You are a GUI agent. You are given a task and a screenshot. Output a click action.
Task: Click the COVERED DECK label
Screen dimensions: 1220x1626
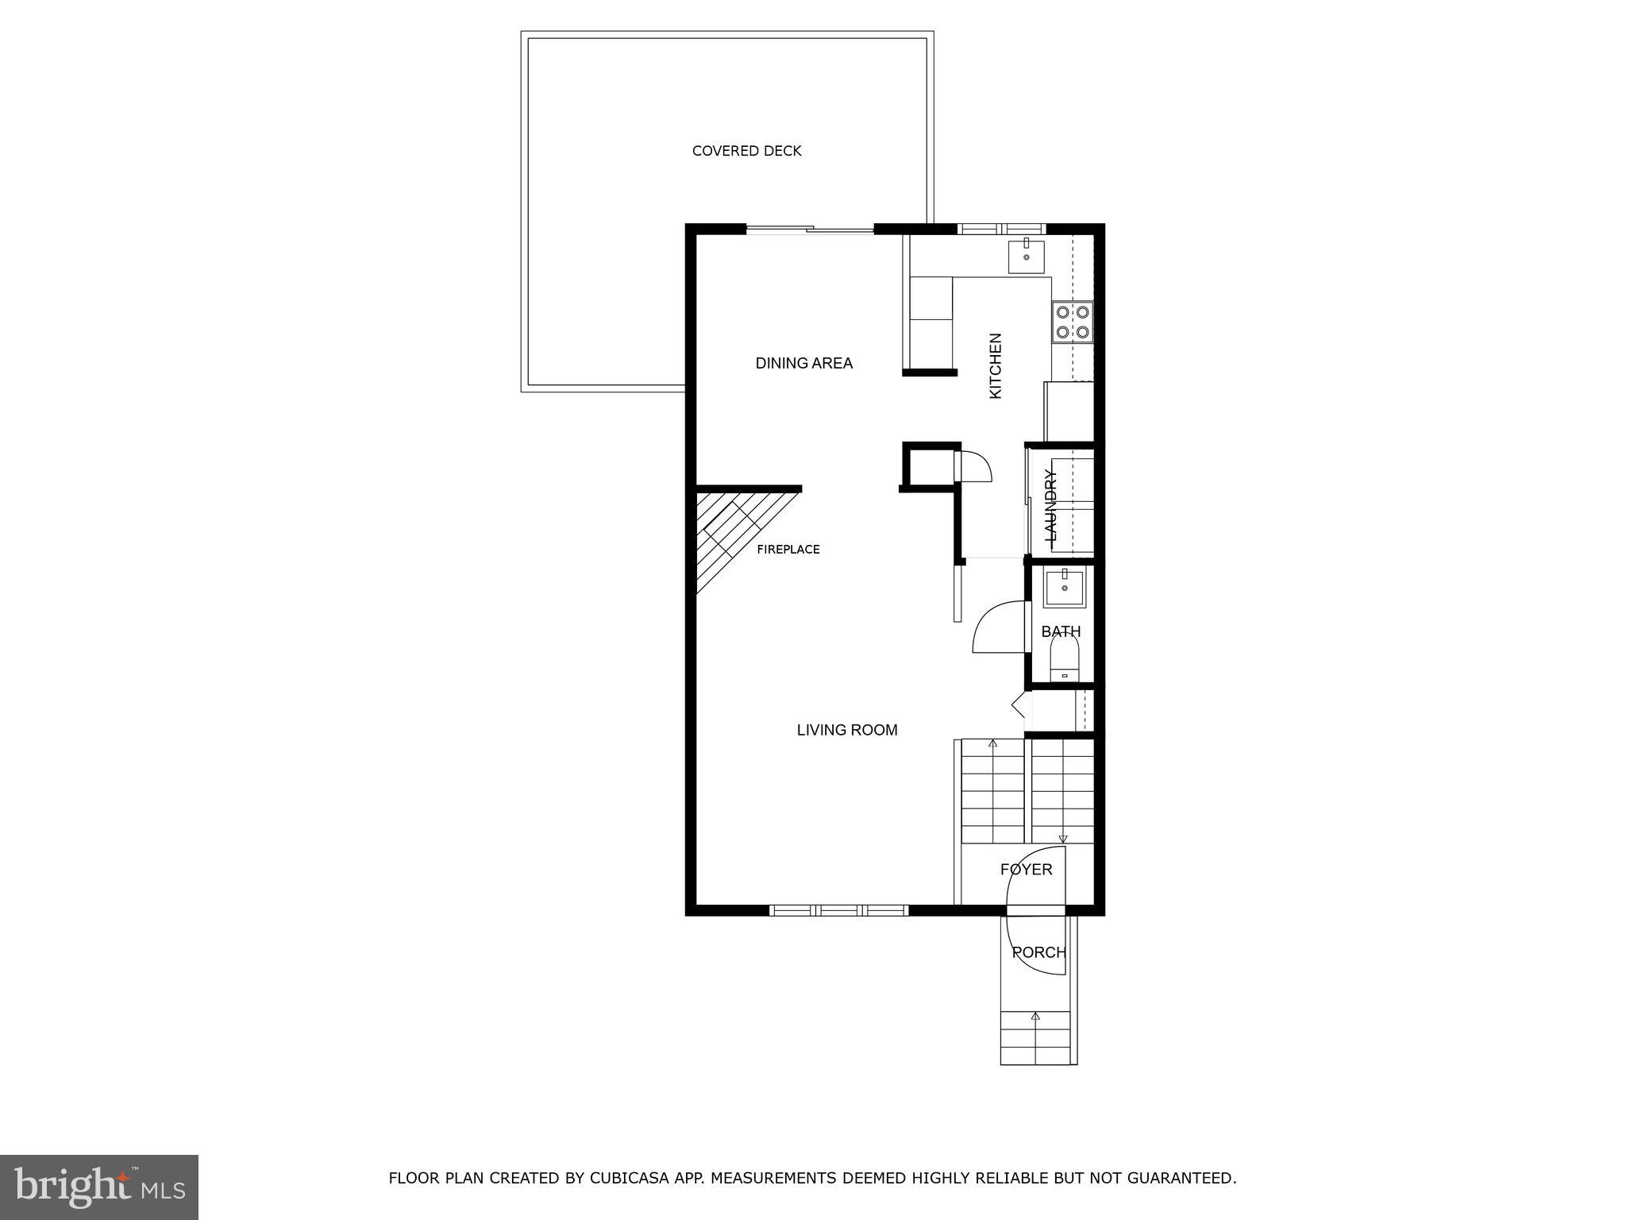tap(746, 151)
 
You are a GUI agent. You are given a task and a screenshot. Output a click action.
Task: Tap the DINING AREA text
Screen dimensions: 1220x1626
tap(803, 363)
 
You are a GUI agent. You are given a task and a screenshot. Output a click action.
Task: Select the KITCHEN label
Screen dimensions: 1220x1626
tap(996, 365)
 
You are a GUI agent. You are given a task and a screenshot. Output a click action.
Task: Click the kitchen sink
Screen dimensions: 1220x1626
tap(1026, 257)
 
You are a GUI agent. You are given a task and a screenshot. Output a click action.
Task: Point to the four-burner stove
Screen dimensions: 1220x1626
tap(1072, 322)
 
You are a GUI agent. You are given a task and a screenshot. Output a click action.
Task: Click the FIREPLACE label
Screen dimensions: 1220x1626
tap(788, 549)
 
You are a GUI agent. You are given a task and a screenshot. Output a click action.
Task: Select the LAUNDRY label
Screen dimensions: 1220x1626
tap(1051, 505)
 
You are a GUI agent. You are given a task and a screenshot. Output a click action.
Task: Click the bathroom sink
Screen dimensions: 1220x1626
tap(1064, 588)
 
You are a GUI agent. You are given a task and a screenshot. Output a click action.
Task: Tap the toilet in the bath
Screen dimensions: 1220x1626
tap(1065, 662)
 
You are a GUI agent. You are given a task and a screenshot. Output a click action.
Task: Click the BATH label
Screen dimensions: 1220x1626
tap(1061, 631)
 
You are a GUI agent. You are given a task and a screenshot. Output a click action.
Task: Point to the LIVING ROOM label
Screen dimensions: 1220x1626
tap(846, 729)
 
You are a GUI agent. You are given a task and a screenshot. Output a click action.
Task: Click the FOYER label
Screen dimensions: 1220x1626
tap(1026, 869)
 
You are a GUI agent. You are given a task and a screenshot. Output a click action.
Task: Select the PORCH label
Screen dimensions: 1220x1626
tap(1038, 952)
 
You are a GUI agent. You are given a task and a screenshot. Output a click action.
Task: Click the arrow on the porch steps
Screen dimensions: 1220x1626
tap(1035, 1016)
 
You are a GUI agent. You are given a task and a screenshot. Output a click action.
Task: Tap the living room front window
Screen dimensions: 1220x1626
tap(838, 910)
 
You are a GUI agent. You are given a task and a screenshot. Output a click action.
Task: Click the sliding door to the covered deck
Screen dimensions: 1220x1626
tap(810, 230)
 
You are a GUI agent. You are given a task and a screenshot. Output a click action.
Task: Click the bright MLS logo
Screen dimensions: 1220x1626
tap(99, 1187)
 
